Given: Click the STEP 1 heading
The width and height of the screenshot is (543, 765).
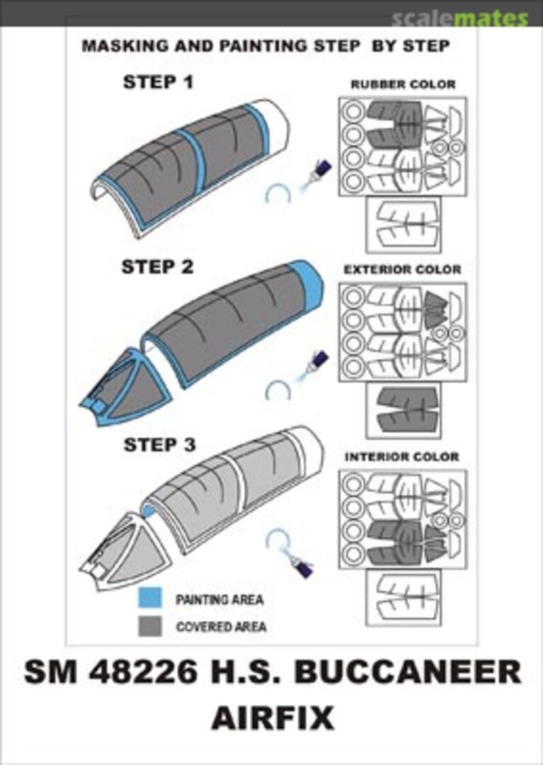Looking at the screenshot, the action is pyautogui.click(x=158, y=82).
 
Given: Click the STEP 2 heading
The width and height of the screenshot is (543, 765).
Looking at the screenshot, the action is pyautogui.click(x=157, y=267).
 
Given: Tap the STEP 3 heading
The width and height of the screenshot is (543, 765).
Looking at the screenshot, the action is pyautogui.click(x=159, y=444).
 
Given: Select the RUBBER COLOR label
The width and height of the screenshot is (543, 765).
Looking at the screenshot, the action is pyautogui.click(x=403, y=84).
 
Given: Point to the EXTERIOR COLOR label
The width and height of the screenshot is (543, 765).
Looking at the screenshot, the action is pyautogui.click(x=402, y=269).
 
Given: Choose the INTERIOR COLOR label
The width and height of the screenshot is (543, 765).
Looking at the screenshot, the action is pyautogui.click(x=402, y=457).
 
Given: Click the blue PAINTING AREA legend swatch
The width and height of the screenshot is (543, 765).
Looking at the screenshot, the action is pyautogui.click(x=150, y=598).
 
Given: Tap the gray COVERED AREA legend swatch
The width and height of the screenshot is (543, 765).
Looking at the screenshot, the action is pyautogui.click(x=150, y=626).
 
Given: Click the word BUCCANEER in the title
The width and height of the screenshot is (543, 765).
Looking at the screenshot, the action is pyautogui.click(x=408, y=671).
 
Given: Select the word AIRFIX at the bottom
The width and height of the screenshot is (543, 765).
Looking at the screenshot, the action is pyautogui.click(x=273, y=718).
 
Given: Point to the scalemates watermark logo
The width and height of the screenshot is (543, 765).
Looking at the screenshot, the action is pyautogui.click(x=459, y=18).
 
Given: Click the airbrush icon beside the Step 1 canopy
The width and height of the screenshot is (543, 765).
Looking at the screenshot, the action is pyautogui.click(x=314, y=176).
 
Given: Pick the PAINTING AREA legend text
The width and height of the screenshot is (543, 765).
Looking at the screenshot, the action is pyautogui.click(x=220, y=599).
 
